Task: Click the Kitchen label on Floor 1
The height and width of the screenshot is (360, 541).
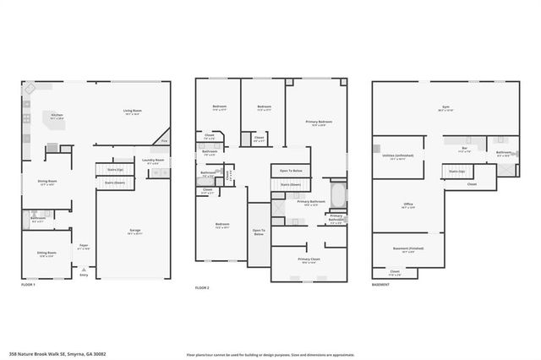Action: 57,115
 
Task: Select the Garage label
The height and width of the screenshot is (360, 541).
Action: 134,230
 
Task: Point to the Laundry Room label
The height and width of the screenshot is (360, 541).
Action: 153,160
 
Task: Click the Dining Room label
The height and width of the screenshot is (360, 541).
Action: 46,181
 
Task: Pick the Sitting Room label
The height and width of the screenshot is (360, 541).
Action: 46,253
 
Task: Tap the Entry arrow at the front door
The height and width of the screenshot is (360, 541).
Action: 83,270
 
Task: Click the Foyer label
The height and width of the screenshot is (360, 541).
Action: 84,246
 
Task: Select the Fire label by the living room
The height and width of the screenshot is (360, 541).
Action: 165,140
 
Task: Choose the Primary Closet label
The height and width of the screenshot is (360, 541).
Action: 309,259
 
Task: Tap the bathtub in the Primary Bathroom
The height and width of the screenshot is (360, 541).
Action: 338,196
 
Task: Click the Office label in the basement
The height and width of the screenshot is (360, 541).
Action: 407,205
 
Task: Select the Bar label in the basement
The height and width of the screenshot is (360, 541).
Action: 463,149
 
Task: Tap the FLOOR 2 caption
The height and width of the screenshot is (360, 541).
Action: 202,288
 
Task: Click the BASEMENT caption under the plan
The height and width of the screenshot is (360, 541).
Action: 381,285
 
